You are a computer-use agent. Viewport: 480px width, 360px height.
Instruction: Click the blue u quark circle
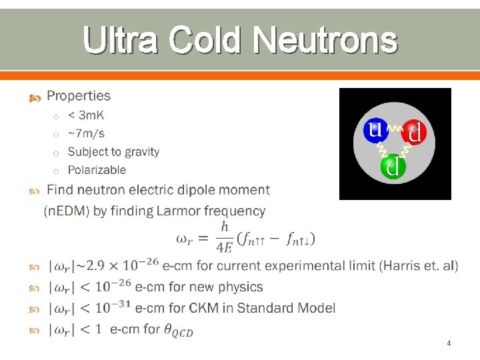[x=375, y=129]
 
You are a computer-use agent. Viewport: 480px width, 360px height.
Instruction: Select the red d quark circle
[x=413, y=133]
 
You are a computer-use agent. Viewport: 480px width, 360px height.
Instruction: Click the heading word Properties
[x=79, y=97]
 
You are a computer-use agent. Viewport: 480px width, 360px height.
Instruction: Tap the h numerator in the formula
[x=225, y=227]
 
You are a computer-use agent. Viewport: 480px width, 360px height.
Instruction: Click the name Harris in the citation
[x=401, y=267]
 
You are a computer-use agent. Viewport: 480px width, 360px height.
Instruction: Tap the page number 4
[x=449, y=343]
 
